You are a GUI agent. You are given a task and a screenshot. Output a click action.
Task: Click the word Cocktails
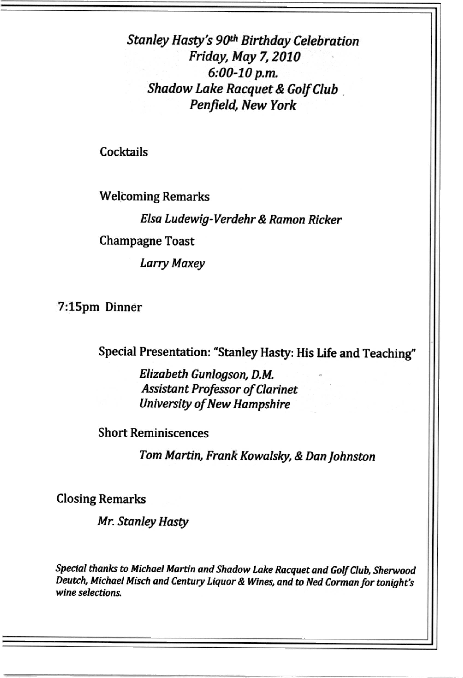pyautogui.click(x=124, y=152)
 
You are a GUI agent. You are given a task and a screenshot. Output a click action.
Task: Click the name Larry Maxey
pyautogui.click(x=172, y=264)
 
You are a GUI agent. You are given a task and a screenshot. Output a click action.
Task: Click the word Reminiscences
pyautogui.click(x=169, y=433)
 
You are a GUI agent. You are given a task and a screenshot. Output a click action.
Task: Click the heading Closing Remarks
pyautogui.click(x=101, y=499)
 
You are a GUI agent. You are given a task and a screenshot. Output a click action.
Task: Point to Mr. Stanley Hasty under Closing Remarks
pyautogui.click(x=143, y=522)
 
